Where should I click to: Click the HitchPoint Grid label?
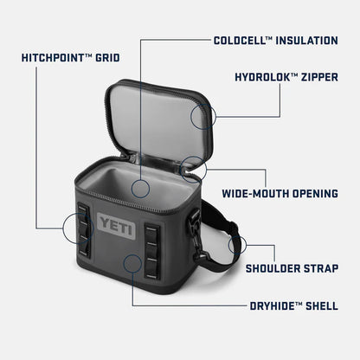(x=71, y=58)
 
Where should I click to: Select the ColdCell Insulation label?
(x=275, y=39)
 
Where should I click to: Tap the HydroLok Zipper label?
(x=286, y=76)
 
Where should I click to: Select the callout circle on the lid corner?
(x=202, y=117)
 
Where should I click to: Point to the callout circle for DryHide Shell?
(x=133, y=264)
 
